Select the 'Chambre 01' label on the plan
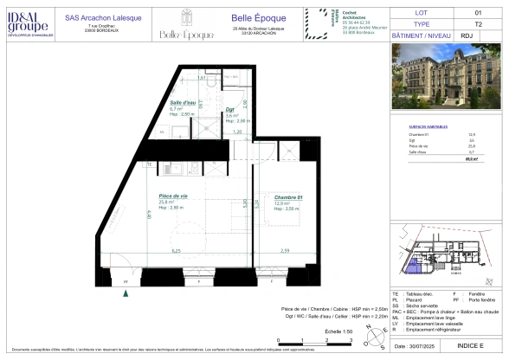tap(289, 197)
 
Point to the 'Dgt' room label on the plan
tap(231, 109)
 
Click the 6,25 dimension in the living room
tap(177, 251)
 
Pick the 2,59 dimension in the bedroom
tap(286, 251)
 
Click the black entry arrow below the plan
tap(128, 294)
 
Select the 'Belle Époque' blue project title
tap(254, 18)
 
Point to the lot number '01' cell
tap(477, 13)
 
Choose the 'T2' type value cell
tap(477, 25)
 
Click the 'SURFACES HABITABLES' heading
tap(426, 126)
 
